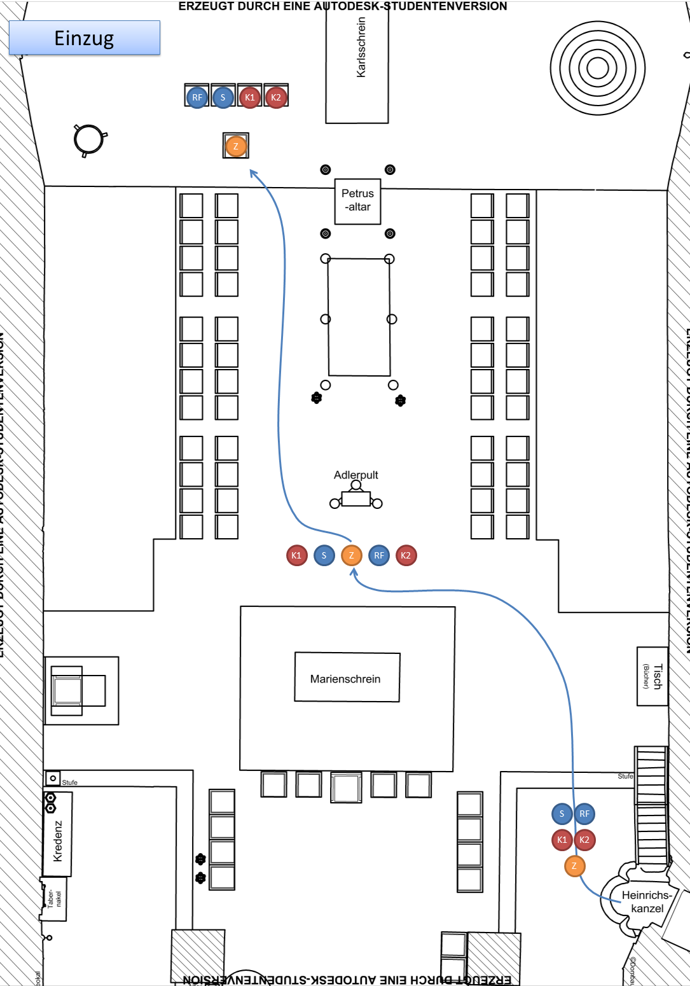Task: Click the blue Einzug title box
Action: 84,38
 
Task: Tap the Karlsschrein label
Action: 361,47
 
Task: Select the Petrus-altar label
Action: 357,200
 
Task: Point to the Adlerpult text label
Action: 355,475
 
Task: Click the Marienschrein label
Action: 345,679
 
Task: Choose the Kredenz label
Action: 58,840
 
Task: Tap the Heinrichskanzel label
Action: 647,901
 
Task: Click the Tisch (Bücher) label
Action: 653,676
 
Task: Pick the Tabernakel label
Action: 54,899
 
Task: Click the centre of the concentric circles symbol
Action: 597,67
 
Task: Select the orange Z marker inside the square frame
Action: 236,146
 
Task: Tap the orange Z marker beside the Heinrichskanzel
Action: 574,866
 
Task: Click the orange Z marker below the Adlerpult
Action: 351,555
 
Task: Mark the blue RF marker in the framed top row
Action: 197,97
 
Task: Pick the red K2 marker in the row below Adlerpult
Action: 406,555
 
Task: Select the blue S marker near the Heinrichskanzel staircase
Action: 562,814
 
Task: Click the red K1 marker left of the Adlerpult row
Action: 296,555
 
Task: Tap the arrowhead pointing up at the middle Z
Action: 354,572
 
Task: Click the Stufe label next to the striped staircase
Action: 625,776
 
